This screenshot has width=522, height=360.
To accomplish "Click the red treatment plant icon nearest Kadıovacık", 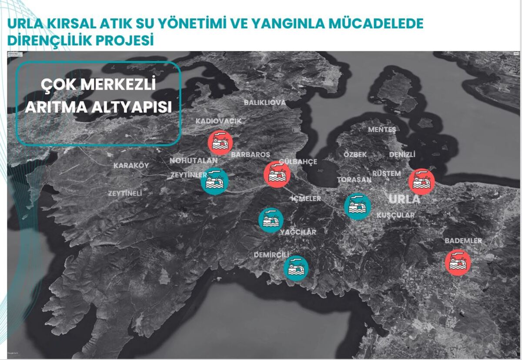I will tap(220, 142).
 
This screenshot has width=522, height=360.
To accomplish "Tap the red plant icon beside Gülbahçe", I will tap(277, 174).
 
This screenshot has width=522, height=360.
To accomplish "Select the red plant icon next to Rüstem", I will tap(422, 181).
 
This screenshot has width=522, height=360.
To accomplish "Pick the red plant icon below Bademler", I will tap(458, 262).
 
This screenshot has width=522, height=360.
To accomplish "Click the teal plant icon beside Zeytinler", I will tap(214, 181).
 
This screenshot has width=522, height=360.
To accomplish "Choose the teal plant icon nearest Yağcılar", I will tap(271, 220).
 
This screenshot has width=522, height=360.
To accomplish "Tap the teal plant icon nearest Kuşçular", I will tap(358, 206).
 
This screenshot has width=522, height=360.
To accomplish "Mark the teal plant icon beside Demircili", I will tap(296, 267).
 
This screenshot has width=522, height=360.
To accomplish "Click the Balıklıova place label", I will tap(264, 103).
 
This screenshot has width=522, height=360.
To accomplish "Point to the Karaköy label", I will tap(131, 166).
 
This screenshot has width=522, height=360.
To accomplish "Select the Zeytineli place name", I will tap(125, 193).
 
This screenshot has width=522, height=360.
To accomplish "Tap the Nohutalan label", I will tap(193, 160).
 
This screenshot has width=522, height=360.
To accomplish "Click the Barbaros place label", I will tap(251, 155).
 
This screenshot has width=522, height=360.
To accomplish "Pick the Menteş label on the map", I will tap(382, 130).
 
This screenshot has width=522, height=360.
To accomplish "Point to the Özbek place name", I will tap(355, 155).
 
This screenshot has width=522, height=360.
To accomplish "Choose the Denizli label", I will tap(402, 155).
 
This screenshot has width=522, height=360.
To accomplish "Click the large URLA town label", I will tap(404, 200).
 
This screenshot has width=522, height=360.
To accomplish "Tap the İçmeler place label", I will tap(306, 199).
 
